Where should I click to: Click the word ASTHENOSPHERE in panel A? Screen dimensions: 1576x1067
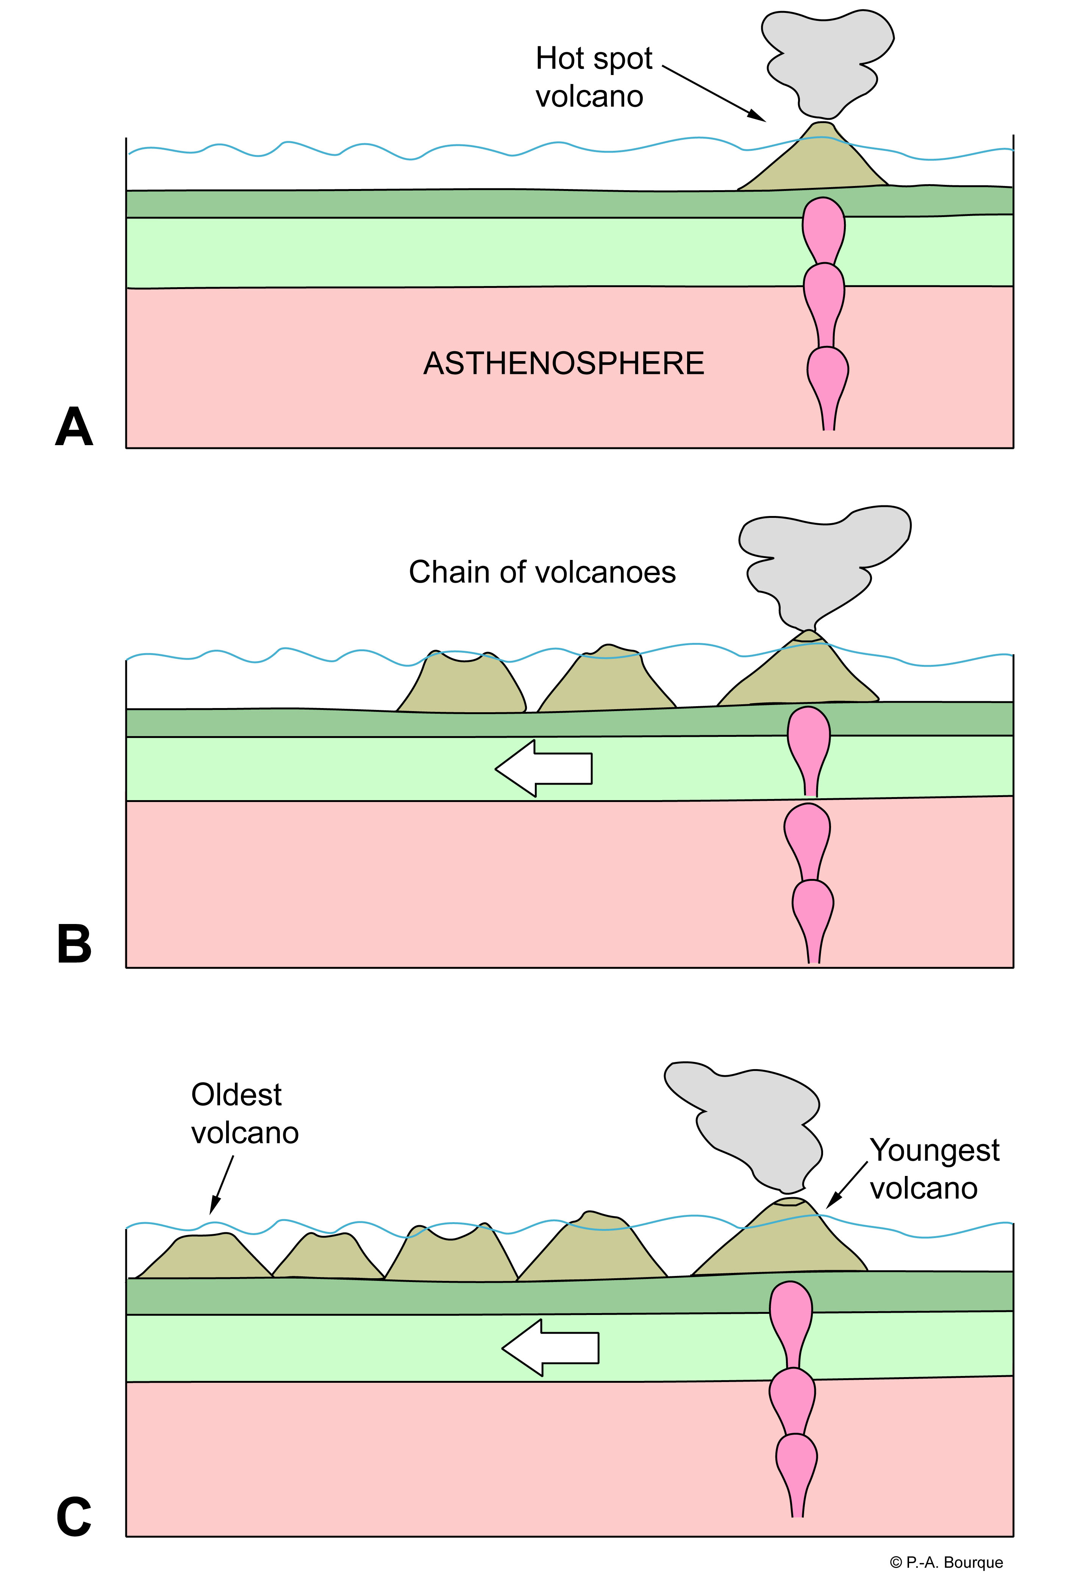[x=563, y=363]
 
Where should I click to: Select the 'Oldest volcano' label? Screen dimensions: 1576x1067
[x=244, y=1113]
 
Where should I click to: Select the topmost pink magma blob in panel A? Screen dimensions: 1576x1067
[x=823, y=227]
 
